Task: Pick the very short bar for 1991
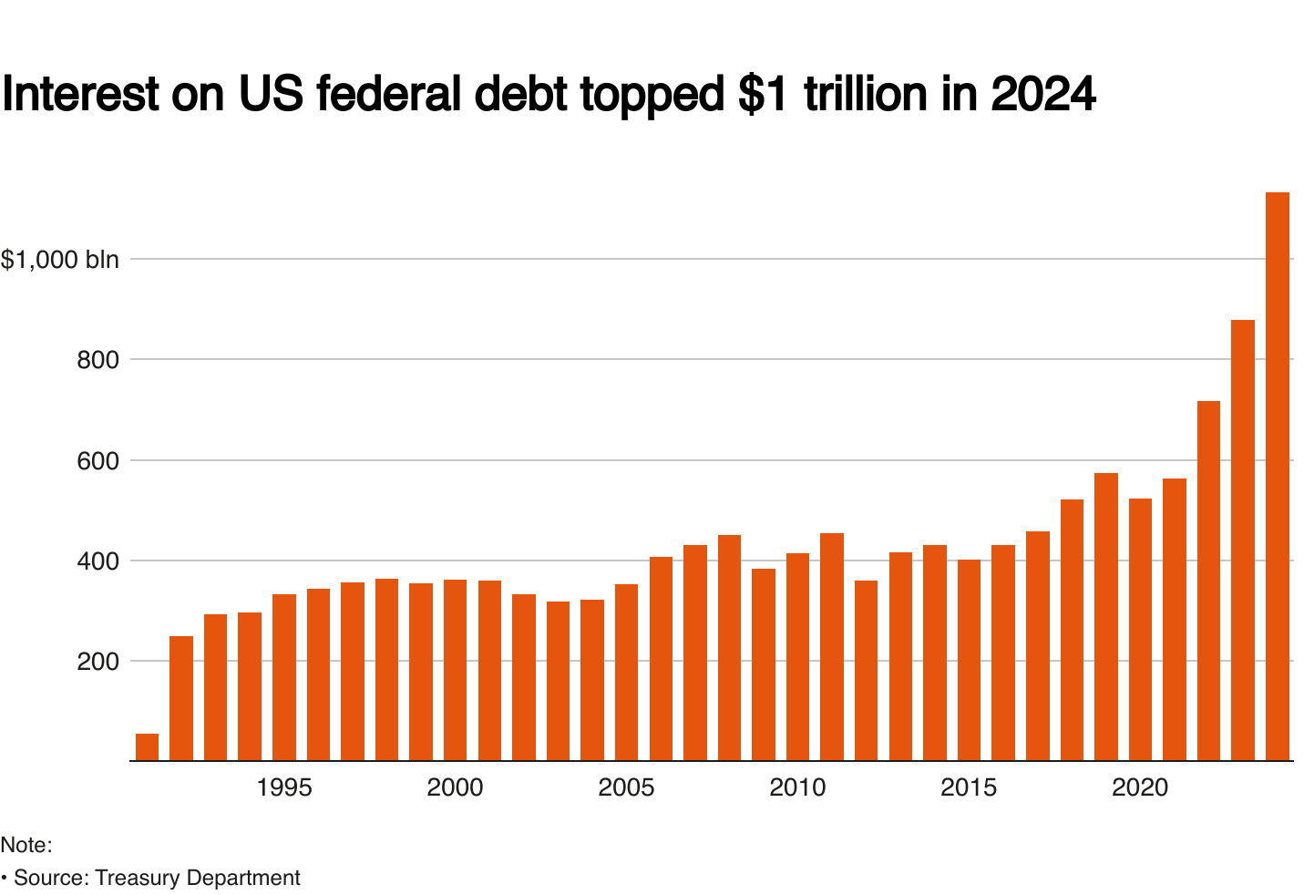pos(147,746)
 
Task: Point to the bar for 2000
pos(455,670)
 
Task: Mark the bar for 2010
pos(797,656)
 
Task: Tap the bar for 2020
pos(1140,629)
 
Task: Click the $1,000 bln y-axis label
pos(60,260)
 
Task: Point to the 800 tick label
pos(98,360)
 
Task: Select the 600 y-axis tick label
pos(98,461)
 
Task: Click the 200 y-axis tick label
pos(98,662)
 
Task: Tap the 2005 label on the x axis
pos(626,787)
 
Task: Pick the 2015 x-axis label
pos(969,787)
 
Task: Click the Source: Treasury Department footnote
pos(156,878)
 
